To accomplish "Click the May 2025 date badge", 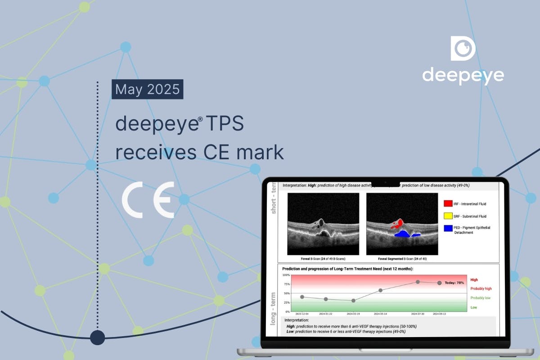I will tap(147, 89).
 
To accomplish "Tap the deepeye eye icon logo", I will tap(463, 49).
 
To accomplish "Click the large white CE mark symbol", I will tap(148, 201).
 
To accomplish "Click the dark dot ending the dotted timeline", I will tap(97, 337).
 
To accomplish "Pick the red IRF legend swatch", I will tap(448, 204).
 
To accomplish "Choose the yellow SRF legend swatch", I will tap(448, 216).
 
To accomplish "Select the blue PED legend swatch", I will tap(448, 228).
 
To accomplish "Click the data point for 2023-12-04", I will tap(302, 297).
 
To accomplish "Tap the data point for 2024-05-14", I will tap(381, 290).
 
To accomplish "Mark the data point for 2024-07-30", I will tap(418, 282).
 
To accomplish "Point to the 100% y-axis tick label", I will tap(286, 274).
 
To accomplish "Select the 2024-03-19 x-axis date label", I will tap(353, 314).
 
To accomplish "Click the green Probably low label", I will tap(480, 298).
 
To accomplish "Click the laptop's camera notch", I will tap(386, 182).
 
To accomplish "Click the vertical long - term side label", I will tap(273, 308).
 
